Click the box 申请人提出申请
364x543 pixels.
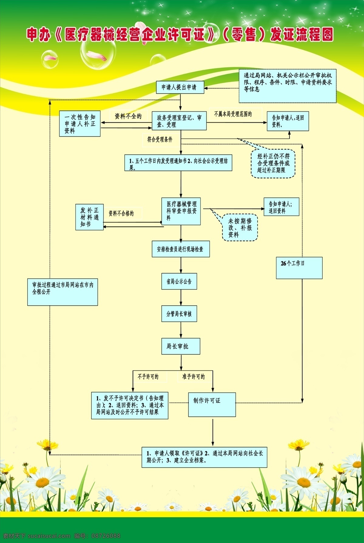(180, 87)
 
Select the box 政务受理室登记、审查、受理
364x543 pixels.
(179, 121)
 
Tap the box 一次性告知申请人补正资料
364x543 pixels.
(80, 123)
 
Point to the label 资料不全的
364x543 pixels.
(128, 116)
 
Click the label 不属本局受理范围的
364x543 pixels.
(233, 114)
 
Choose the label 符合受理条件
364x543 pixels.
(160, 139)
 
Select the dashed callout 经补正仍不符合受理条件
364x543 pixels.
(273, 163)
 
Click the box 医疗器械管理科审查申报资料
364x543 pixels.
(181, 211)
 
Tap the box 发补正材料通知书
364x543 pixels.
(89, 217)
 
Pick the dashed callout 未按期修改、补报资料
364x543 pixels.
(240, 228)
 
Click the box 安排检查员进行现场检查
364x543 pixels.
(181, 249)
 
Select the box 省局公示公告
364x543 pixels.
(179, 281)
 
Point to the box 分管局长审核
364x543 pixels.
(179, 314)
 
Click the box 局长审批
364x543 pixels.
(181, 346)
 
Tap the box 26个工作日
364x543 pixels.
(299, 268)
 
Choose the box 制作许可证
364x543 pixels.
(212, 405)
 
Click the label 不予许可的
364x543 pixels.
(148, 377)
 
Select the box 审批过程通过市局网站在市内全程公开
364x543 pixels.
(63, 292)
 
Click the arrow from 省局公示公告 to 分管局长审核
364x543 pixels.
(181, 297)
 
